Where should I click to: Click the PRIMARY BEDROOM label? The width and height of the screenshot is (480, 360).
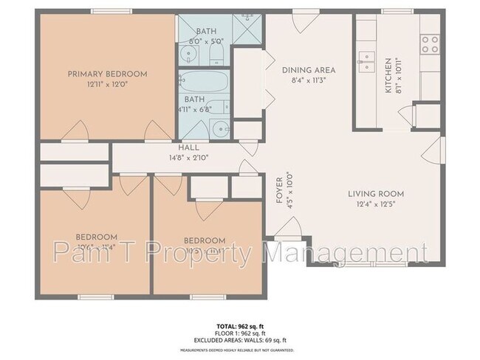107,74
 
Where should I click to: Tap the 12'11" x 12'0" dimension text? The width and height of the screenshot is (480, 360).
107,84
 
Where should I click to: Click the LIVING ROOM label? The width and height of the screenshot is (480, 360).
376,195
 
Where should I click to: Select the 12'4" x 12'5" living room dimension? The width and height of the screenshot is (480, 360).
376,205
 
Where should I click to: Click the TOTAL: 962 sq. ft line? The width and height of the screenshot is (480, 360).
239,325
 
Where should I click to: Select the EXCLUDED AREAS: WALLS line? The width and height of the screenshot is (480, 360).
239,340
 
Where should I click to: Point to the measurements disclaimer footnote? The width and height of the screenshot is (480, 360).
239,350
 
